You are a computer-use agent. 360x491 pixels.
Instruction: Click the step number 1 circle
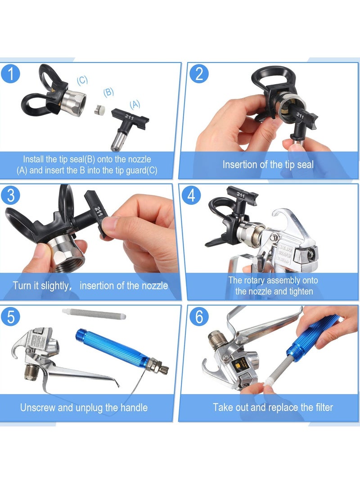tap(11, 73)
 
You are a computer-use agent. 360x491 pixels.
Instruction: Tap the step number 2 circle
tap(199, 73)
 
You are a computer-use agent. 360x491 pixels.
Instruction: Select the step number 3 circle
tap(11, 195)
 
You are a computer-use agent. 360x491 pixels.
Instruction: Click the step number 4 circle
tap(199, 195)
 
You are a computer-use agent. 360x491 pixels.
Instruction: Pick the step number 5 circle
tap(11, 316)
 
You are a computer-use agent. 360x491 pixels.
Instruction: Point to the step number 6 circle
tap(199, 316)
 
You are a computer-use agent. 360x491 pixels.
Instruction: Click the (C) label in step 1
tap(82, 81)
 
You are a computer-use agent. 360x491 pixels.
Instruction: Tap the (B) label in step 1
tap(108, 92)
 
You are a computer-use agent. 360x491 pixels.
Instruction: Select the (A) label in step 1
tap(135, 104)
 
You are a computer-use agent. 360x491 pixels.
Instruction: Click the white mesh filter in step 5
tap(94, 314)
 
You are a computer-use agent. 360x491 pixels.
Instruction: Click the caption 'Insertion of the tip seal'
tap(268, 165)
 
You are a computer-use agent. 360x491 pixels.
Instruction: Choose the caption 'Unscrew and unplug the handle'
tap(84, 408)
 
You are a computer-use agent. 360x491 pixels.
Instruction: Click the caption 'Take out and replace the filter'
tap(273, 408)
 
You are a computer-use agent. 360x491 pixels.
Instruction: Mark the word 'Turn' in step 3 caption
tap(22, 285)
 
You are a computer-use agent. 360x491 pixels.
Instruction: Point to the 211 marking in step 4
tap(240, 196)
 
